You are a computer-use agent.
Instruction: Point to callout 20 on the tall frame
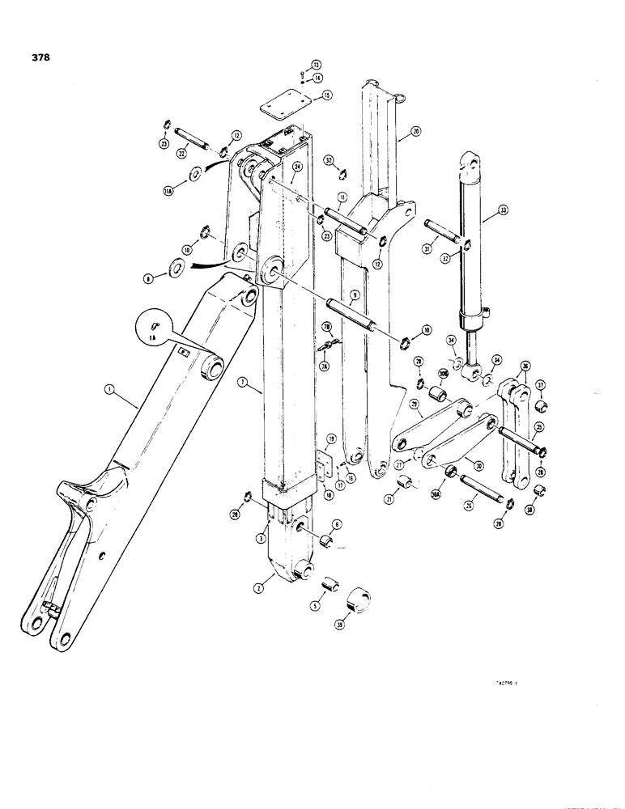click(x=414, y=131)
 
